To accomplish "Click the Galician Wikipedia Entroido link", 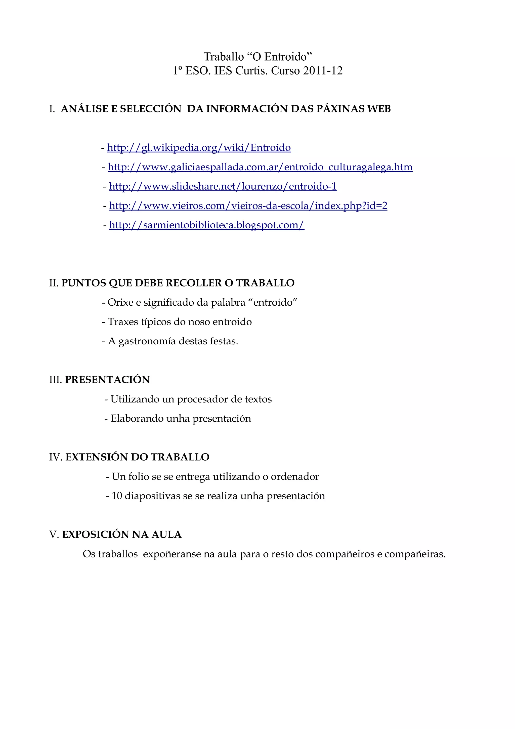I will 199,148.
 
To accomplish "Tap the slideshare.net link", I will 223,186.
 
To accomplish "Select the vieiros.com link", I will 248,206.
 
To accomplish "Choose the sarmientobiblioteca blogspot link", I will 206,225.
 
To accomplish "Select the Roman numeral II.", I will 53,283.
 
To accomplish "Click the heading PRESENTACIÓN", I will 107,380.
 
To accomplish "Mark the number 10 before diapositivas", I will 117,496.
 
